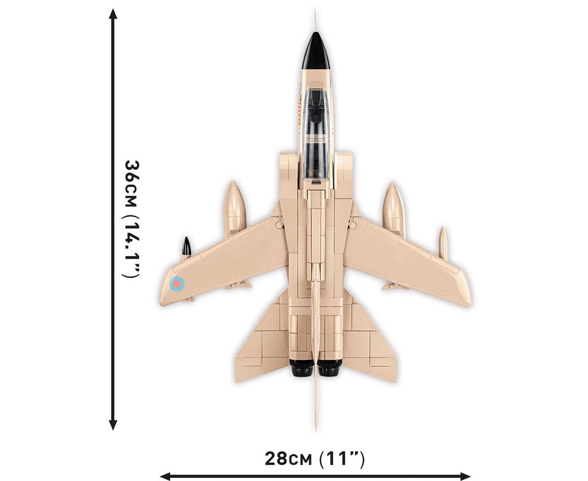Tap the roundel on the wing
coord(177,284)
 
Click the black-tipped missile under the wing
coord(187,247)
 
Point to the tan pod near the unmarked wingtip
coord(442,242)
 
